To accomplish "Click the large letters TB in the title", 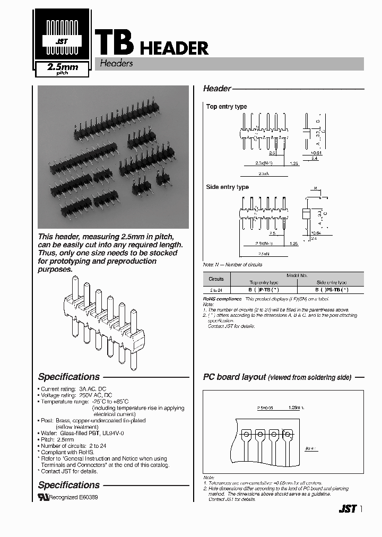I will (113, 42).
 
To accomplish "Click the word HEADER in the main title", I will (174, 48).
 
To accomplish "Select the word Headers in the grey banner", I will (116, 64).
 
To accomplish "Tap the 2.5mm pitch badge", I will (63, 69).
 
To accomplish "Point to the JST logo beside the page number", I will (347, 509).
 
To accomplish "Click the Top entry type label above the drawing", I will (227, 107).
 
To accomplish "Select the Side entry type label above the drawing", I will (227, 187).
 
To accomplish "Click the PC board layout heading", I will (235, 377).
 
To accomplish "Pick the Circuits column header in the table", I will (216, 279).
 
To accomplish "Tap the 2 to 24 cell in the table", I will (216, 290).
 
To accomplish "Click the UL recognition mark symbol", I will (43, 497).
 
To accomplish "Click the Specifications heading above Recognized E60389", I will (69, 485).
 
